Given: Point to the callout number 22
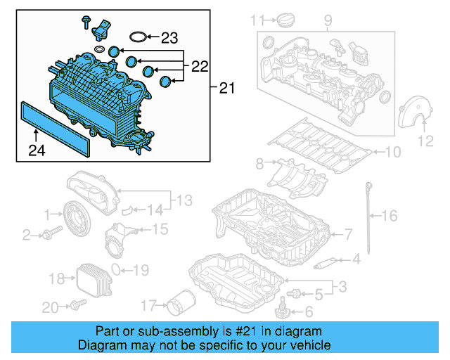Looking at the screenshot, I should pyautogui.click(x=200, y=67).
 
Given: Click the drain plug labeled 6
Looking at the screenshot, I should pyautogui.click(x=284, y=307).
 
